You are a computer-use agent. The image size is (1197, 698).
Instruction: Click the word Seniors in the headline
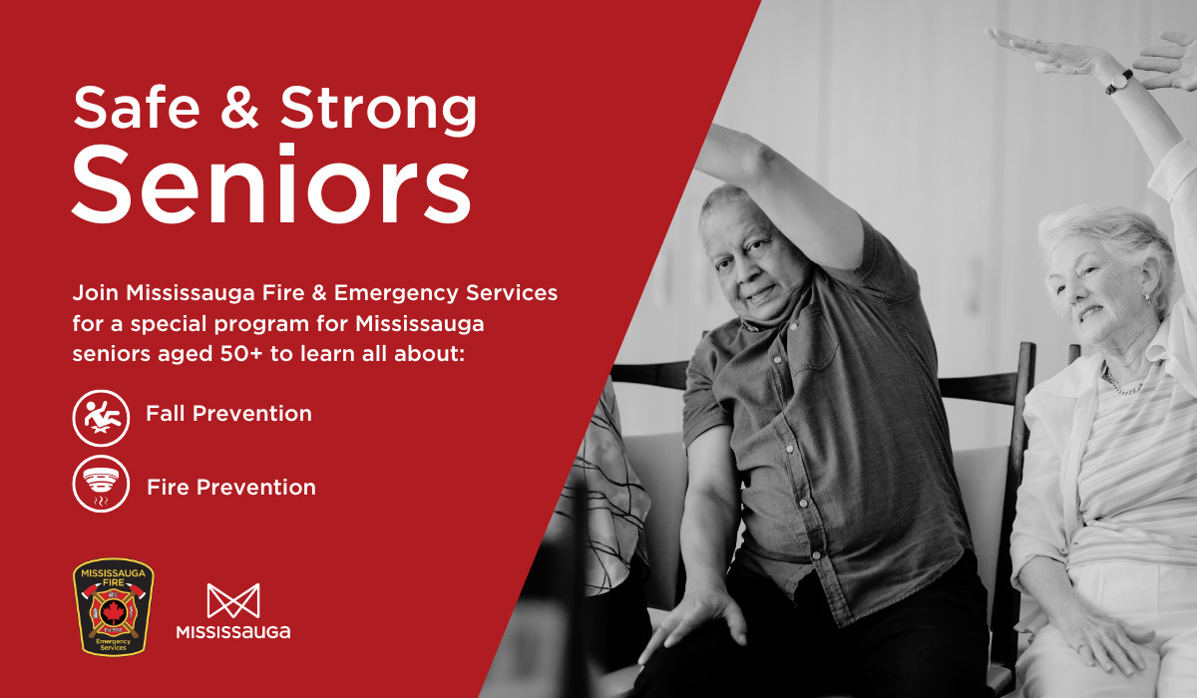271,183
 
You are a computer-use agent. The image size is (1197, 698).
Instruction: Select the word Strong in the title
378,110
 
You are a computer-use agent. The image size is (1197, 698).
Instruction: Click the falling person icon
101,418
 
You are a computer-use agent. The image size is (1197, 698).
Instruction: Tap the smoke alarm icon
101,484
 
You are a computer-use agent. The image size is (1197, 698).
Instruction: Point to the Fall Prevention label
228,414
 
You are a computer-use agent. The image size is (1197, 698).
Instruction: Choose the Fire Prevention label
231,487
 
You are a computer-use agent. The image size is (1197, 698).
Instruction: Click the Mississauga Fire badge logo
114,607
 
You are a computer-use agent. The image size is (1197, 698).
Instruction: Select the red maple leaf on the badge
114,611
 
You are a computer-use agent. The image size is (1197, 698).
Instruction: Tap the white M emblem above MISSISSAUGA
233,601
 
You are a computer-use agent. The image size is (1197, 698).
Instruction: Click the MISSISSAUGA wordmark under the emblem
233,632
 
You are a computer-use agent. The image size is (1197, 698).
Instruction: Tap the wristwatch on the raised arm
1119,82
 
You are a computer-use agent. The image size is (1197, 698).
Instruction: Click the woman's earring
1147,298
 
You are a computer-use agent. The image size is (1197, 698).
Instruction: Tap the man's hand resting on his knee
693,622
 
